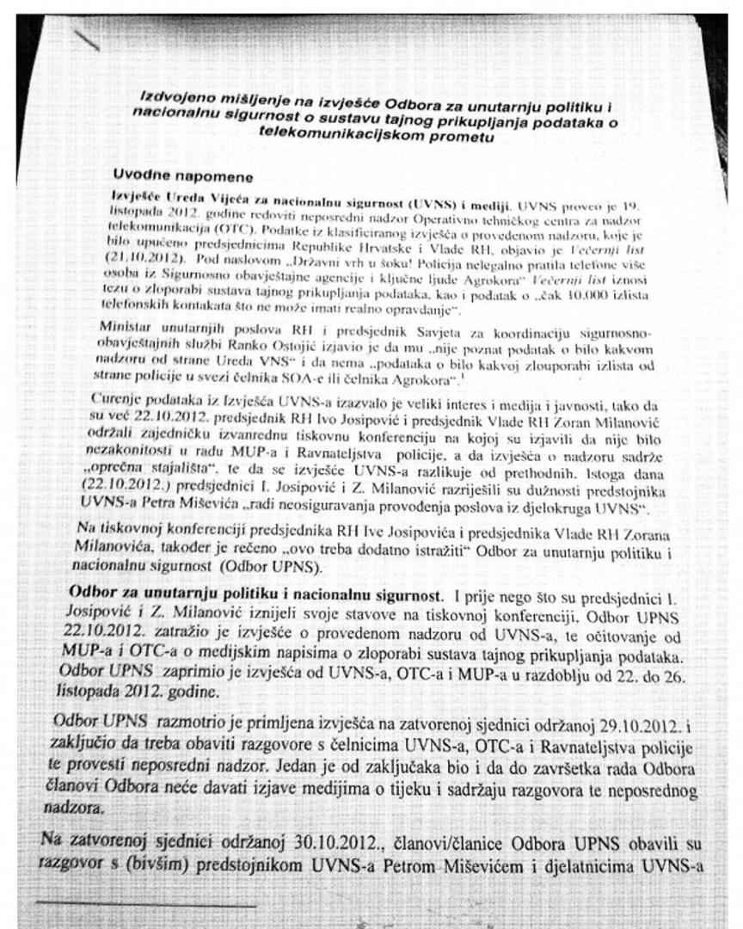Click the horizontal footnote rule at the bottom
[146, 905]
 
